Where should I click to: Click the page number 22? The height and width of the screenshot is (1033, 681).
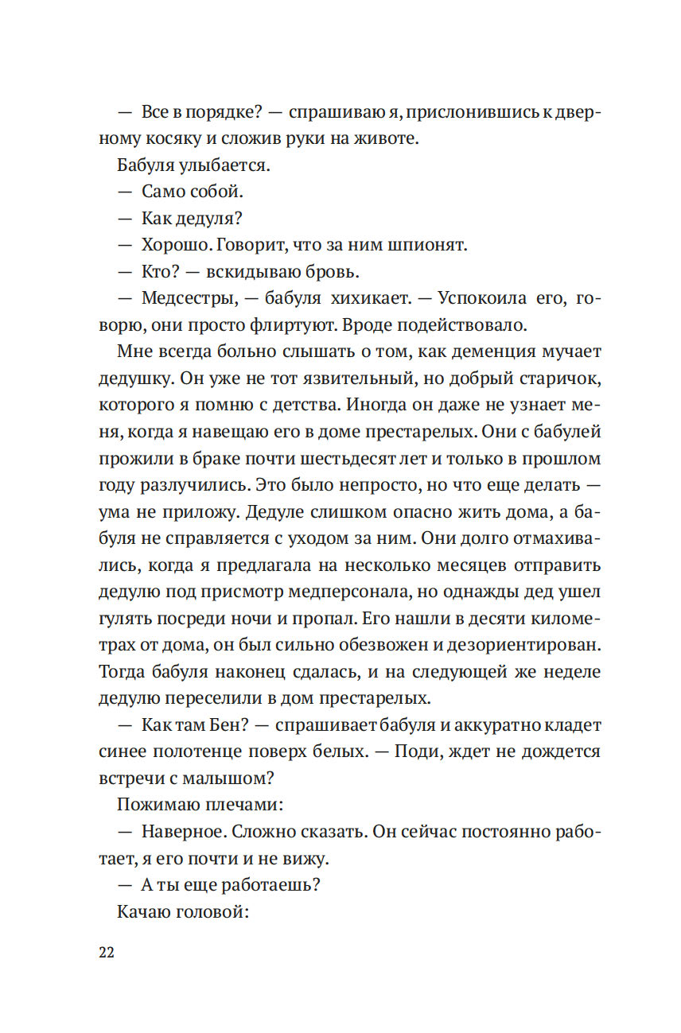click(107, 953)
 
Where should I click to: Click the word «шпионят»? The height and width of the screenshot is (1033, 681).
click(428, 245)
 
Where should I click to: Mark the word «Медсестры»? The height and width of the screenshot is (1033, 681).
click(186, 299)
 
